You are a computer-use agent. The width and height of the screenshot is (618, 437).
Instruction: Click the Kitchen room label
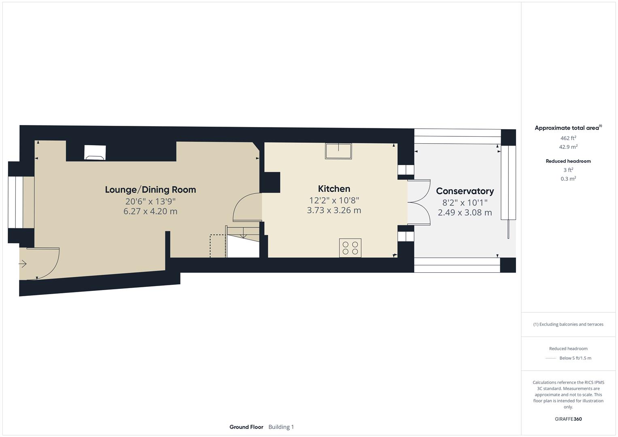pyautogui.click(x=334, y=189)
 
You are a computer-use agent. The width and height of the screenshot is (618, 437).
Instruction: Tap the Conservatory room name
pyautogui.click(x=465, y=191)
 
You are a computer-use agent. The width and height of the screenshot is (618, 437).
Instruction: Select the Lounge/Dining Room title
pyautogui.click(x=151, y=189)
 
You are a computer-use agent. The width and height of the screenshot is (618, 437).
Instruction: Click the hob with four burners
pyautogui.click(x=350, y=248)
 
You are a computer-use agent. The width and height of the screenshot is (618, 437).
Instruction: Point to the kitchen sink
pyautogui.click(x=338, y=151)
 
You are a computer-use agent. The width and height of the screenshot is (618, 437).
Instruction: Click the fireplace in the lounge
pyautogui.click(x=95, y=153)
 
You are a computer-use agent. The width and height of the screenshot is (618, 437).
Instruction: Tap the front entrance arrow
pyautogui.click(x=22, y=264)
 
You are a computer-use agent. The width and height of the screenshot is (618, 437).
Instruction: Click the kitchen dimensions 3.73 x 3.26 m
pyautogui.click(x=334, y=210)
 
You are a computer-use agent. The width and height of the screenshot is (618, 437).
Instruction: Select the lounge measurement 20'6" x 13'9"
pyautogui.click(x=151, y=201)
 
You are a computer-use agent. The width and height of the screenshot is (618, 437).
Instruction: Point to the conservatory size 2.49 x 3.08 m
pyautogui.click(x=465, y=212)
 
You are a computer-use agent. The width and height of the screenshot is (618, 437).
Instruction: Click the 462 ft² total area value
pyautogui.click(x=568, y=138)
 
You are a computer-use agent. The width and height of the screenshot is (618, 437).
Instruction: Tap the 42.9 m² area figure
pyautogui.click(x=568, y=147)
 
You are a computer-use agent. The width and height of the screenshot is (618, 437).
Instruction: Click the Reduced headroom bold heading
pyautogui.click(x=568, y=161)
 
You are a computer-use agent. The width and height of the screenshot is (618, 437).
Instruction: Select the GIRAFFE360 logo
pyautogui.click(x=568, y=419)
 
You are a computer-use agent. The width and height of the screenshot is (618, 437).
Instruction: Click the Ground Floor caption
pyautogui.click(x=246, y=427)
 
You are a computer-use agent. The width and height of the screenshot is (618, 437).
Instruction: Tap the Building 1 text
pyautogui.click(x=281, y=427)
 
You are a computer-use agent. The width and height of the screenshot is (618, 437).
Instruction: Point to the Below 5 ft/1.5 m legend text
pyautogui.click(x=575, y=358)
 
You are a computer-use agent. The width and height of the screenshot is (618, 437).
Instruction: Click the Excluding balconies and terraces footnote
pyautogui.click(x=568, y=324)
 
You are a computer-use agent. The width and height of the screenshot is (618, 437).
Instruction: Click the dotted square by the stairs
pyautogui.click(x=218, y=246)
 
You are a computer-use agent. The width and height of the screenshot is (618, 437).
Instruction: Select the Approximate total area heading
pyautogui.click(x=568, y=127)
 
